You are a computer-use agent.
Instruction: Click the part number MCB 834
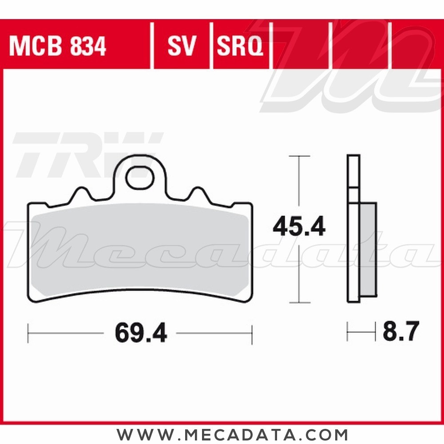click(58, 46)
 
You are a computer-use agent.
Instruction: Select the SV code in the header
click(182, 46)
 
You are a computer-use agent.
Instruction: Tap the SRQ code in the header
click(240, 46)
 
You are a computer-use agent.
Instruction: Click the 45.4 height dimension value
click(299, 227)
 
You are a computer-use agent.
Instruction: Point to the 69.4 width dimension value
click(140, 333)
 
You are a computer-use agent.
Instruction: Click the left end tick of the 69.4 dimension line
click(28, 333)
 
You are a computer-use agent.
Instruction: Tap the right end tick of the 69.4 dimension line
click(252, 333)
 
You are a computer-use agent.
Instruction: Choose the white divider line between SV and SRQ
click(211, 44)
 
